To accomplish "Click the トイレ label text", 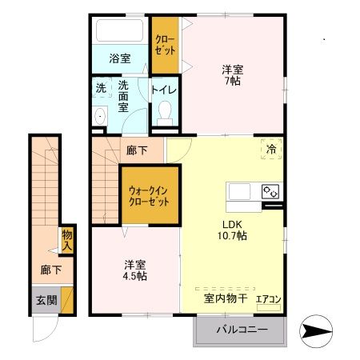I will (165, 90).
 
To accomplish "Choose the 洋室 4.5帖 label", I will (134, 270).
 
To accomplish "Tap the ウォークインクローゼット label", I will (150, 197).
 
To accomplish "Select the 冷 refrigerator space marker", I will (271, 148).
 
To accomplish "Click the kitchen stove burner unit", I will (270, 192).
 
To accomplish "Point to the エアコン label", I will (267, 300).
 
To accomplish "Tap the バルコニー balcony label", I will (240, 330).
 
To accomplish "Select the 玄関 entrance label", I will (46, 301).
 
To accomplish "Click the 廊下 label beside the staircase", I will (136, 150).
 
